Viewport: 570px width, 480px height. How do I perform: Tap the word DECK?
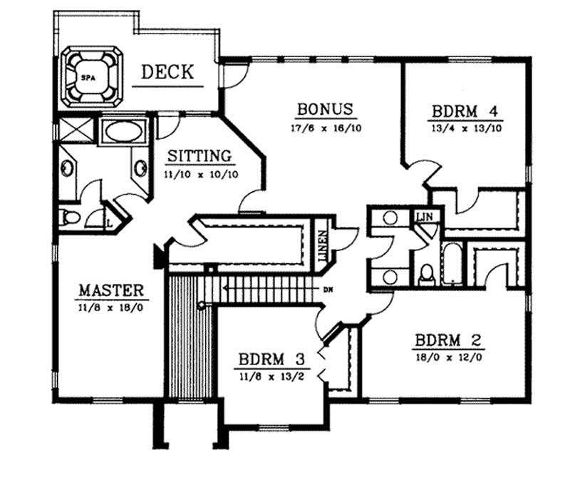167,72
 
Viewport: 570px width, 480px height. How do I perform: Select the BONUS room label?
325,109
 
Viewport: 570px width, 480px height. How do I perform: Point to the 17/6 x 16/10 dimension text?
325,126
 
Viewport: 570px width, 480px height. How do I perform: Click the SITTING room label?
199,155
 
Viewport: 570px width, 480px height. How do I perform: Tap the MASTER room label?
111,290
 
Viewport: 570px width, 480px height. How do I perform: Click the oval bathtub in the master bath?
125,132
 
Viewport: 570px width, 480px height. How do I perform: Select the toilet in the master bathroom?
68,219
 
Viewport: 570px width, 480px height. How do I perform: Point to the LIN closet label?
425,216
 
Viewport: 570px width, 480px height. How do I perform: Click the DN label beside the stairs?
327,290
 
